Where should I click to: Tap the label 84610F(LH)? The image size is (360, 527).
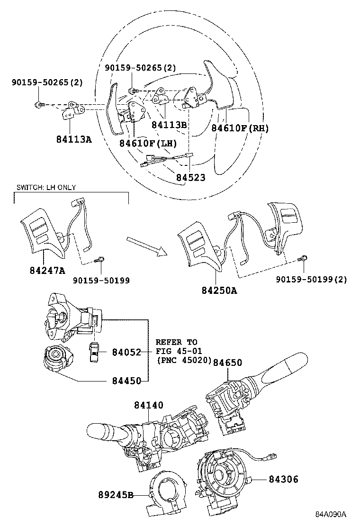148,143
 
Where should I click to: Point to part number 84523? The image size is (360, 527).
191,177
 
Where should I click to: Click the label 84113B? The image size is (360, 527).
169,125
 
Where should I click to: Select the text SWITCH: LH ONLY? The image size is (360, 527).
46,188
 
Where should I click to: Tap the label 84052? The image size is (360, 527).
126,352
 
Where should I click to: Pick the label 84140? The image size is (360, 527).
148,405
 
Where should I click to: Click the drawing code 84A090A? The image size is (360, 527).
332,514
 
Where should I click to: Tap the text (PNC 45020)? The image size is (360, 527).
184,360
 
